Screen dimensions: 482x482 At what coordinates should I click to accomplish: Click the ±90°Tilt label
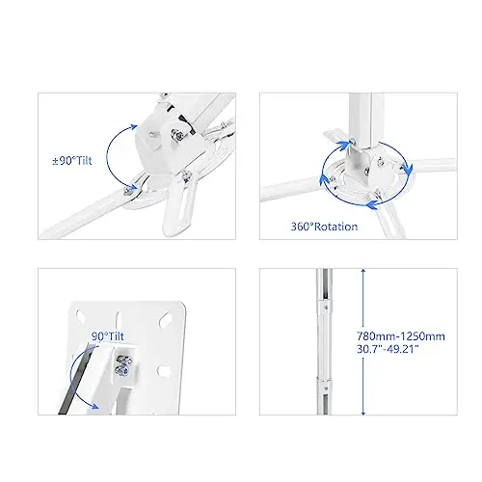72,160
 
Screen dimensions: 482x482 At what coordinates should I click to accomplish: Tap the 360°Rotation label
324,227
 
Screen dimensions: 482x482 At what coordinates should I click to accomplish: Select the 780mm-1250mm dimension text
401,336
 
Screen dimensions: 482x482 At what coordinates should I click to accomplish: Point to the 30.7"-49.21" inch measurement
388,349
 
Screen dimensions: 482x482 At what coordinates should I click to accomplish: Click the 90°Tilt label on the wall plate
108,336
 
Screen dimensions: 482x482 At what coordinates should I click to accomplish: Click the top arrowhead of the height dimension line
363,272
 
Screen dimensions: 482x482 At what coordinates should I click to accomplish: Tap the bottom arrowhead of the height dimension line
363,412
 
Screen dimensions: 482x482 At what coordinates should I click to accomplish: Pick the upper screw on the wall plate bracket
123,361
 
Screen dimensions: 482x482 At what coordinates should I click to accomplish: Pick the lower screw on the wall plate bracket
121,370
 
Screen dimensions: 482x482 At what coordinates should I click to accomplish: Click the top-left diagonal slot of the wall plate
80,316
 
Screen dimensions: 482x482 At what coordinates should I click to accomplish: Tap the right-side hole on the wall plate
164,371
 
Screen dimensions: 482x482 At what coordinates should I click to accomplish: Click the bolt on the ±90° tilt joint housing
177,134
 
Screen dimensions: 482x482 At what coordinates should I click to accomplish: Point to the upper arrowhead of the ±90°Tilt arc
133,127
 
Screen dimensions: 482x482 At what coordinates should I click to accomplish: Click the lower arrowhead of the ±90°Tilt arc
132,187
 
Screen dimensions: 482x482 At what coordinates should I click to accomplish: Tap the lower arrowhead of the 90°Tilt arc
94,406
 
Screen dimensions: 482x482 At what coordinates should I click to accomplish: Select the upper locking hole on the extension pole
326,308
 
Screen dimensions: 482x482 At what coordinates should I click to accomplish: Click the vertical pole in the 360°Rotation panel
364,120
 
